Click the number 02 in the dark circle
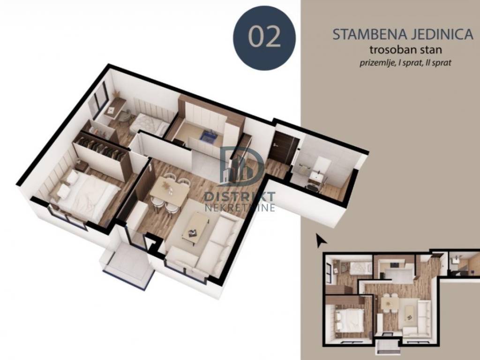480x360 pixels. point(264,37)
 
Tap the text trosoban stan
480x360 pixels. point(405,49)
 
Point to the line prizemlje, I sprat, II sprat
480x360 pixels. point(405,63)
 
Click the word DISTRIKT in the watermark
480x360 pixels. point(240,196)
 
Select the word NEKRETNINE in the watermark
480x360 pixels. point(240,208)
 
